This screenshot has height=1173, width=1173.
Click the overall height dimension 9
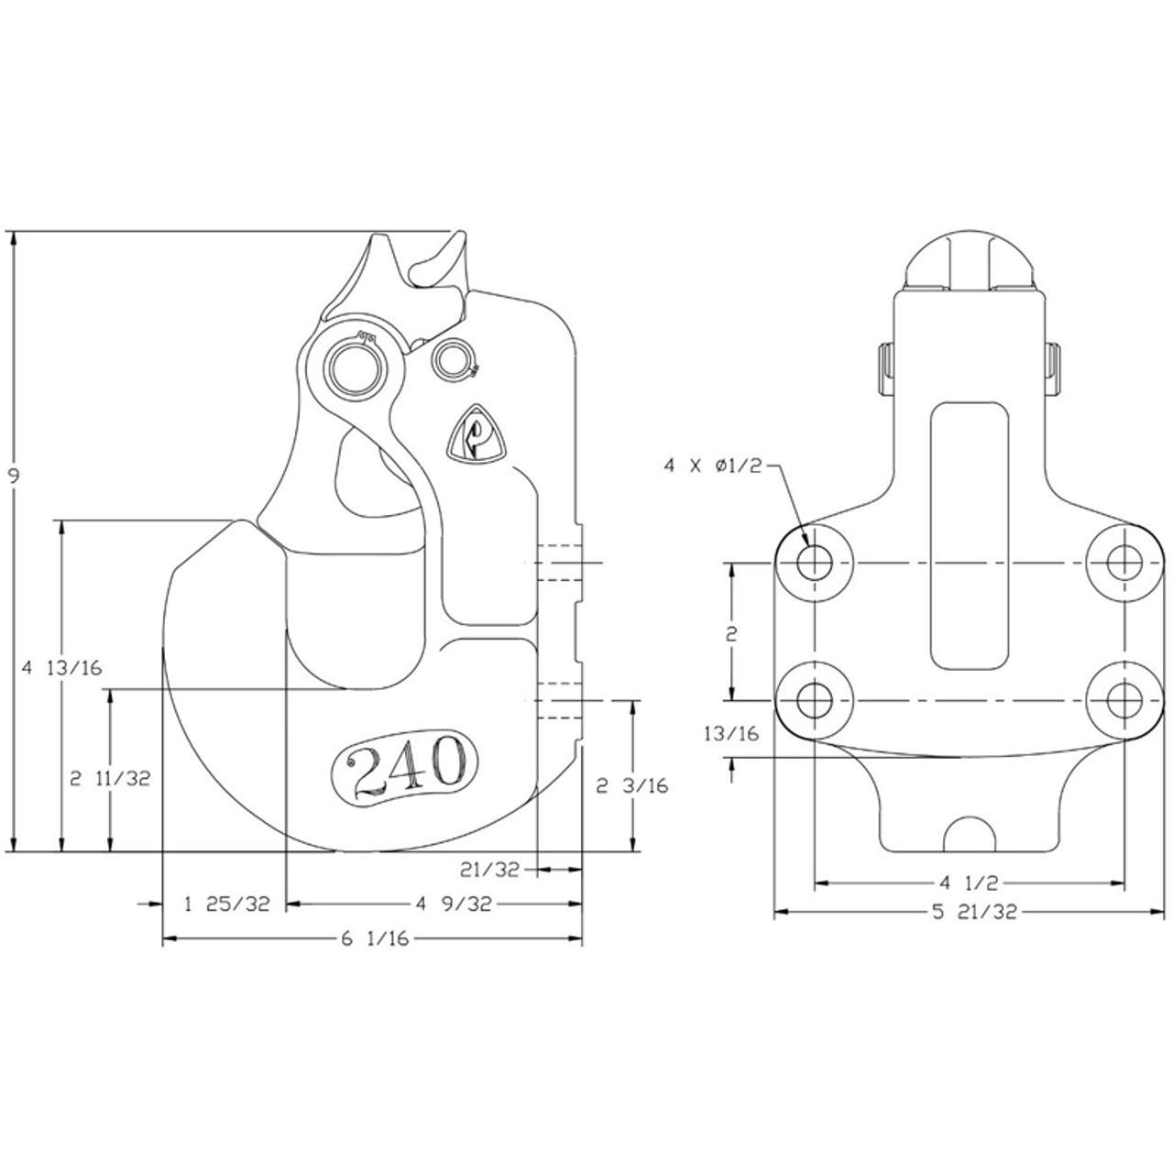coord(14,475)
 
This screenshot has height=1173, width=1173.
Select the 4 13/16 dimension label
coord(60,667)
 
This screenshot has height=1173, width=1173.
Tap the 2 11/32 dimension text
coord(111,778)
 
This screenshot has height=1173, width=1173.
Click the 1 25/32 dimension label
coord(227,904)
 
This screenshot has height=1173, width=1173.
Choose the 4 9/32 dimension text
coord(454,904)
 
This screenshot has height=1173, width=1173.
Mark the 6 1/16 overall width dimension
coord(373,939)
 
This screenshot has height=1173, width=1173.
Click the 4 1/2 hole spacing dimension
coord(968,883)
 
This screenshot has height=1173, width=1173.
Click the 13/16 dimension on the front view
coord(730,733)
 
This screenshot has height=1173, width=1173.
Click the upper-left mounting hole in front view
coord(814,562)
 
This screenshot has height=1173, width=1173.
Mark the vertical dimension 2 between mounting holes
coord(731,633)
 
